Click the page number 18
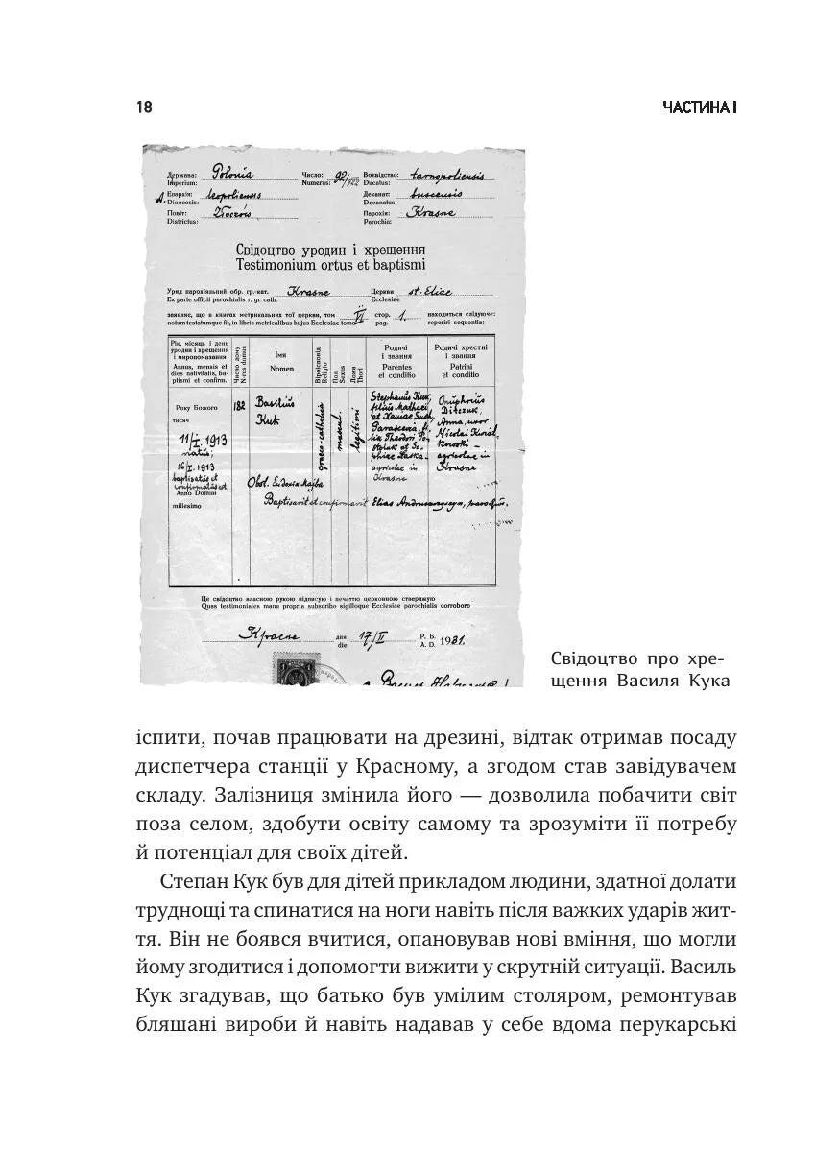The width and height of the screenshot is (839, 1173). point(144,108)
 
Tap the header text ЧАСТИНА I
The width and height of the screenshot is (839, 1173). point(699,108)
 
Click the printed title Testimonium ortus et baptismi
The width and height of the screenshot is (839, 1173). point(330,264)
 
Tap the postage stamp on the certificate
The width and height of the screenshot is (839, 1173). point(291,672)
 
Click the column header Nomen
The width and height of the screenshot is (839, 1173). point(281,368)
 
